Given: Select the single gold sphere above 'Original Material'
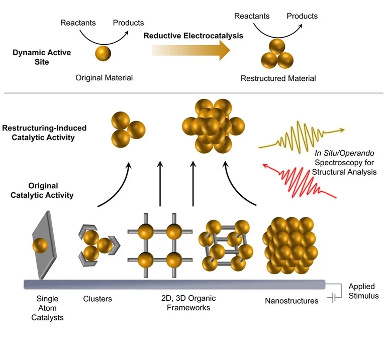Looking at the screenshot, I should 103,53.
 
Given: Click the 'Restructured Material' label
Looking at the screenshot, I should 278,78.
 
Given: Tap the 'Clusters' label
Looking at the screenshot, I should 97,299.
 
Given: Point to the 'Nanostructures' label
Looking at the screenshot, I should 292,301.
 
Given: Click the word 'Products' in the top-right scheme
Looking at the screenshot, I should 302,16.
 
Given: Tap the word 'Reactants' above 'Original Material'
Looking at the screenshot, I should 75,23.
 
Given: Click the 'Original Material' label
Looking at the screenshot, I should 104,78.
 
